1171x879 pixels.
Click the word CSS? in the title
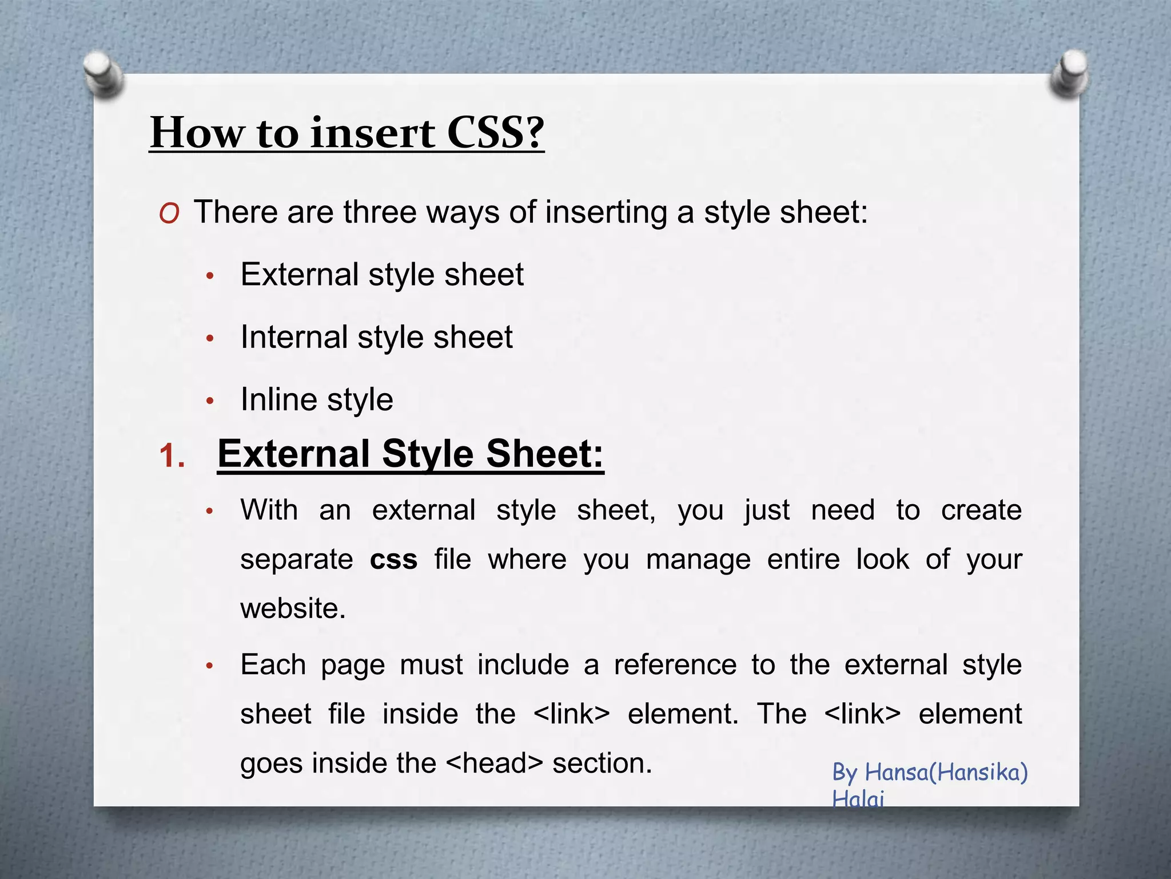pyautogui.click(x=495, y=133)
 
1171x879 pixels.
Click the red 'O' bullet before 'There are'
pyautogui.click(x=169, y=214)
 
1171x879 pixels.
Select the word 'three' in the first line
pyautogui.click(x=380, y=212)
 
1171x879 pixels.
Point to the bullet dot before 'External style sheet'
pyautogui.click(x=210, y=276)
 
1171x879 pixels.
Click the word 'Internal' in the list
pyautogui.click(x=294, y=336)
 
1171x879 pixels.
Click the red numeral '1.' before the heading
pyautogui.click(x=172, y=457)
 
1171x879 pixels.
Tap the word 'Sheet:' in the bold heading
pyautogui.click(x=545, y=454)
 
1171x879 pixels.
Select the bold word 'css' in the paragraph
pyautogui.click(x=393, y=559)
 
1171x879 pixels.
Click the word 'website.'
pyautogui.click(x=293, y=608)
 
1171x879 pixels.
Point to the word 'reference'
pyautogui.click(x=675, y=665)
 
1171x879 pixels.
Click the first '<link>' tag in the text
pyautogui.click(x=571, y=714)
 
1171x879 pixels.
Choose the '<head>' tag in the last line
pyautogui.click(x=494, y=763)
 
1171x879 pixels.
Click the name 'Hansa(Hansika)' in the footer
pyautogui.click(x=946, y=773)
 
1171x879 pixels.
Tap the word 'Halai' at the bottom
pyautogui.click(x=858, y=798)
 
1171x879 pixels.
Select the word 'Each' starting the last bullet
pyautogui.click(x=273, y=665)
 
